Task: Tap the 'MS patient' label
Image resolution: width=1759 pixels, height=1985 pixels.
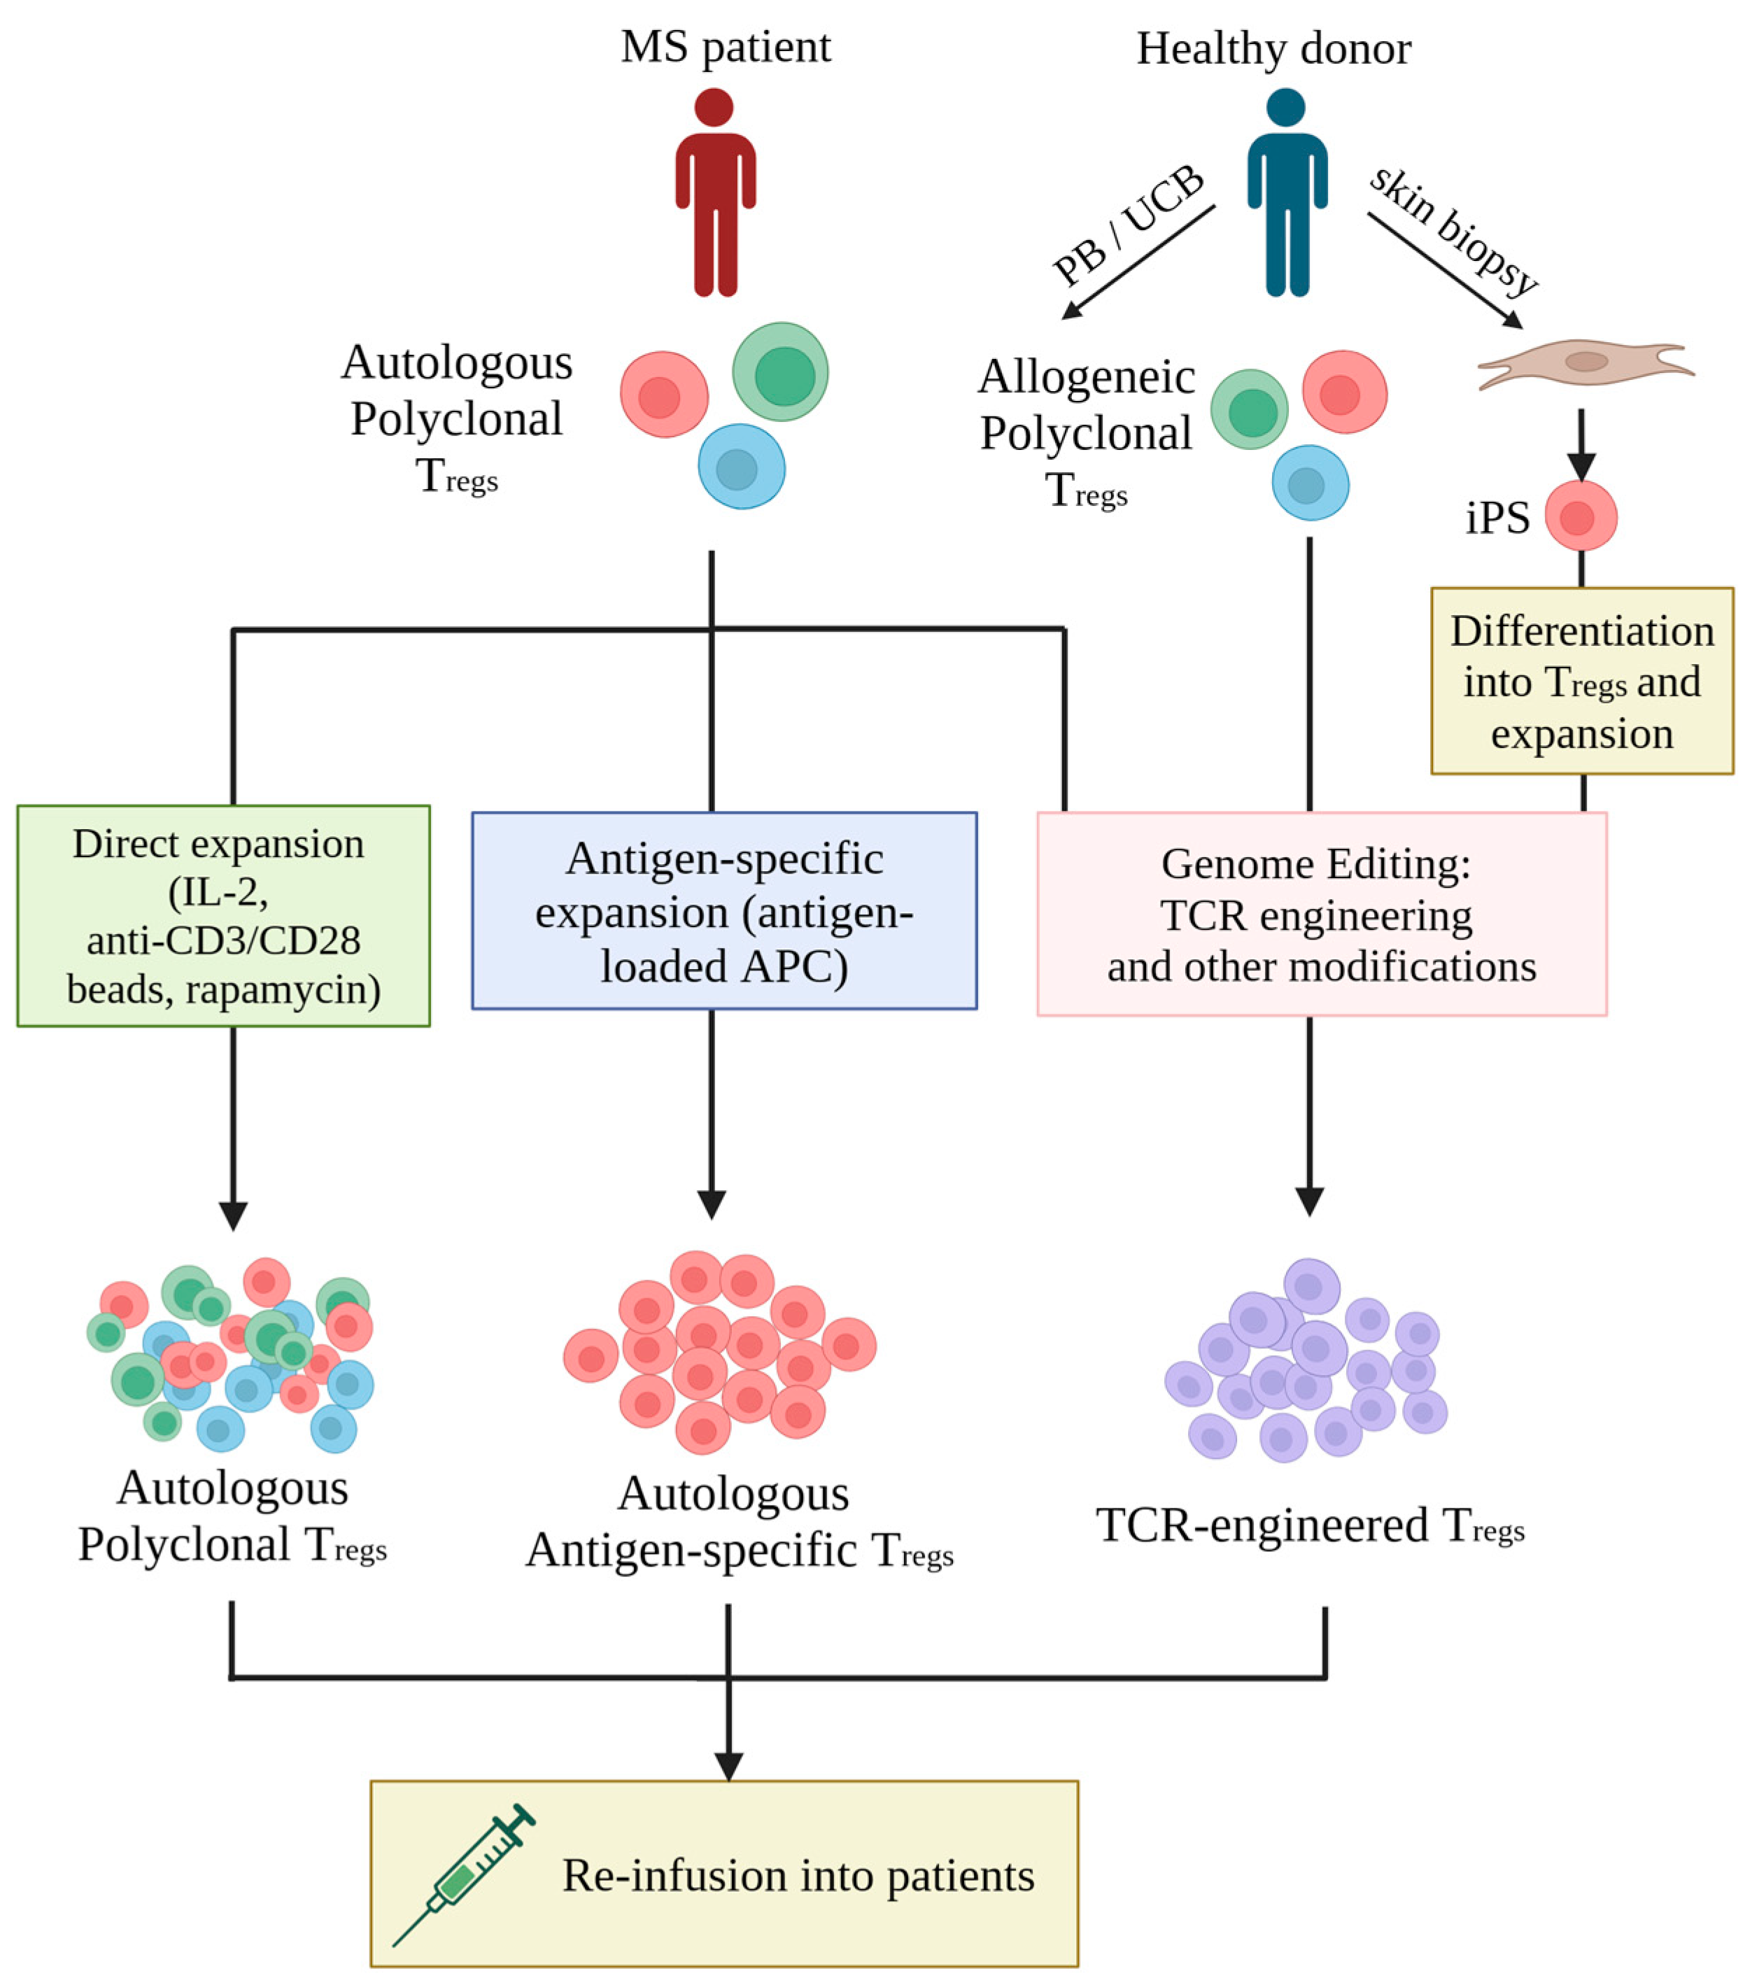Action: click(726, 47)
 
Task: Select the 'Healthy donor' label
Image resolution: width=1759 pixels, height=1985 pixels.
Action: click(1273, 48)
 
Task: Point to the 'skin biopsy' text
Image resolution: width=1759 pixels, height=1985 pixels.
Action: click(1454, 229)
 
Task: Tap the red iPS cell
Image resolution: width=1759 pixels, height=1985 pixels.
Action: click(1581, 516)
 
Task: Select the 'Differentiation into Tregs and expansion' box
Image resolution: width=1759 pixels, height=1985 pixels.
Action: click(1581, 681)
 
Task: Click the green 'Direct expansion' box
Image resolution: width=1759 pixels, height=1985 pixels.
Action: click(223, 916)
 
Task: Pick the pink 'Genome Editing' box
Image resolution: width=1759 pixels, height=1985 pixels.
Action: click(1322, 914)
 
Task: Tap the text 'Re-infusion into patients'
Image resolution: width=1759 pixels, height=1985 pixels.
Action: click(798, 1875)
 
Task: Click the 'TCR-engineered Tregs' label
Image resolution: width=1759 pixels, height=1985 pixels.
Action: click(1311, 1525)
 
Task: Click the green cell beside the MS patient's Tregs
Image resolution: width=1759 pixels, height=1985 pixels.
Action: click(780, 372)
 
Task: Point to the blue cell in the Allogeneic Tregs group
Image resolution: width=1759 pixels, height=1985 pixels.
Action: click(1311, 483)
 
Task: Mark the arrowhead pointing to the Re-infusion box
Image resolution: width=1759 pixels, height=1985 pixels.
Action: click(728, 1767)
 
